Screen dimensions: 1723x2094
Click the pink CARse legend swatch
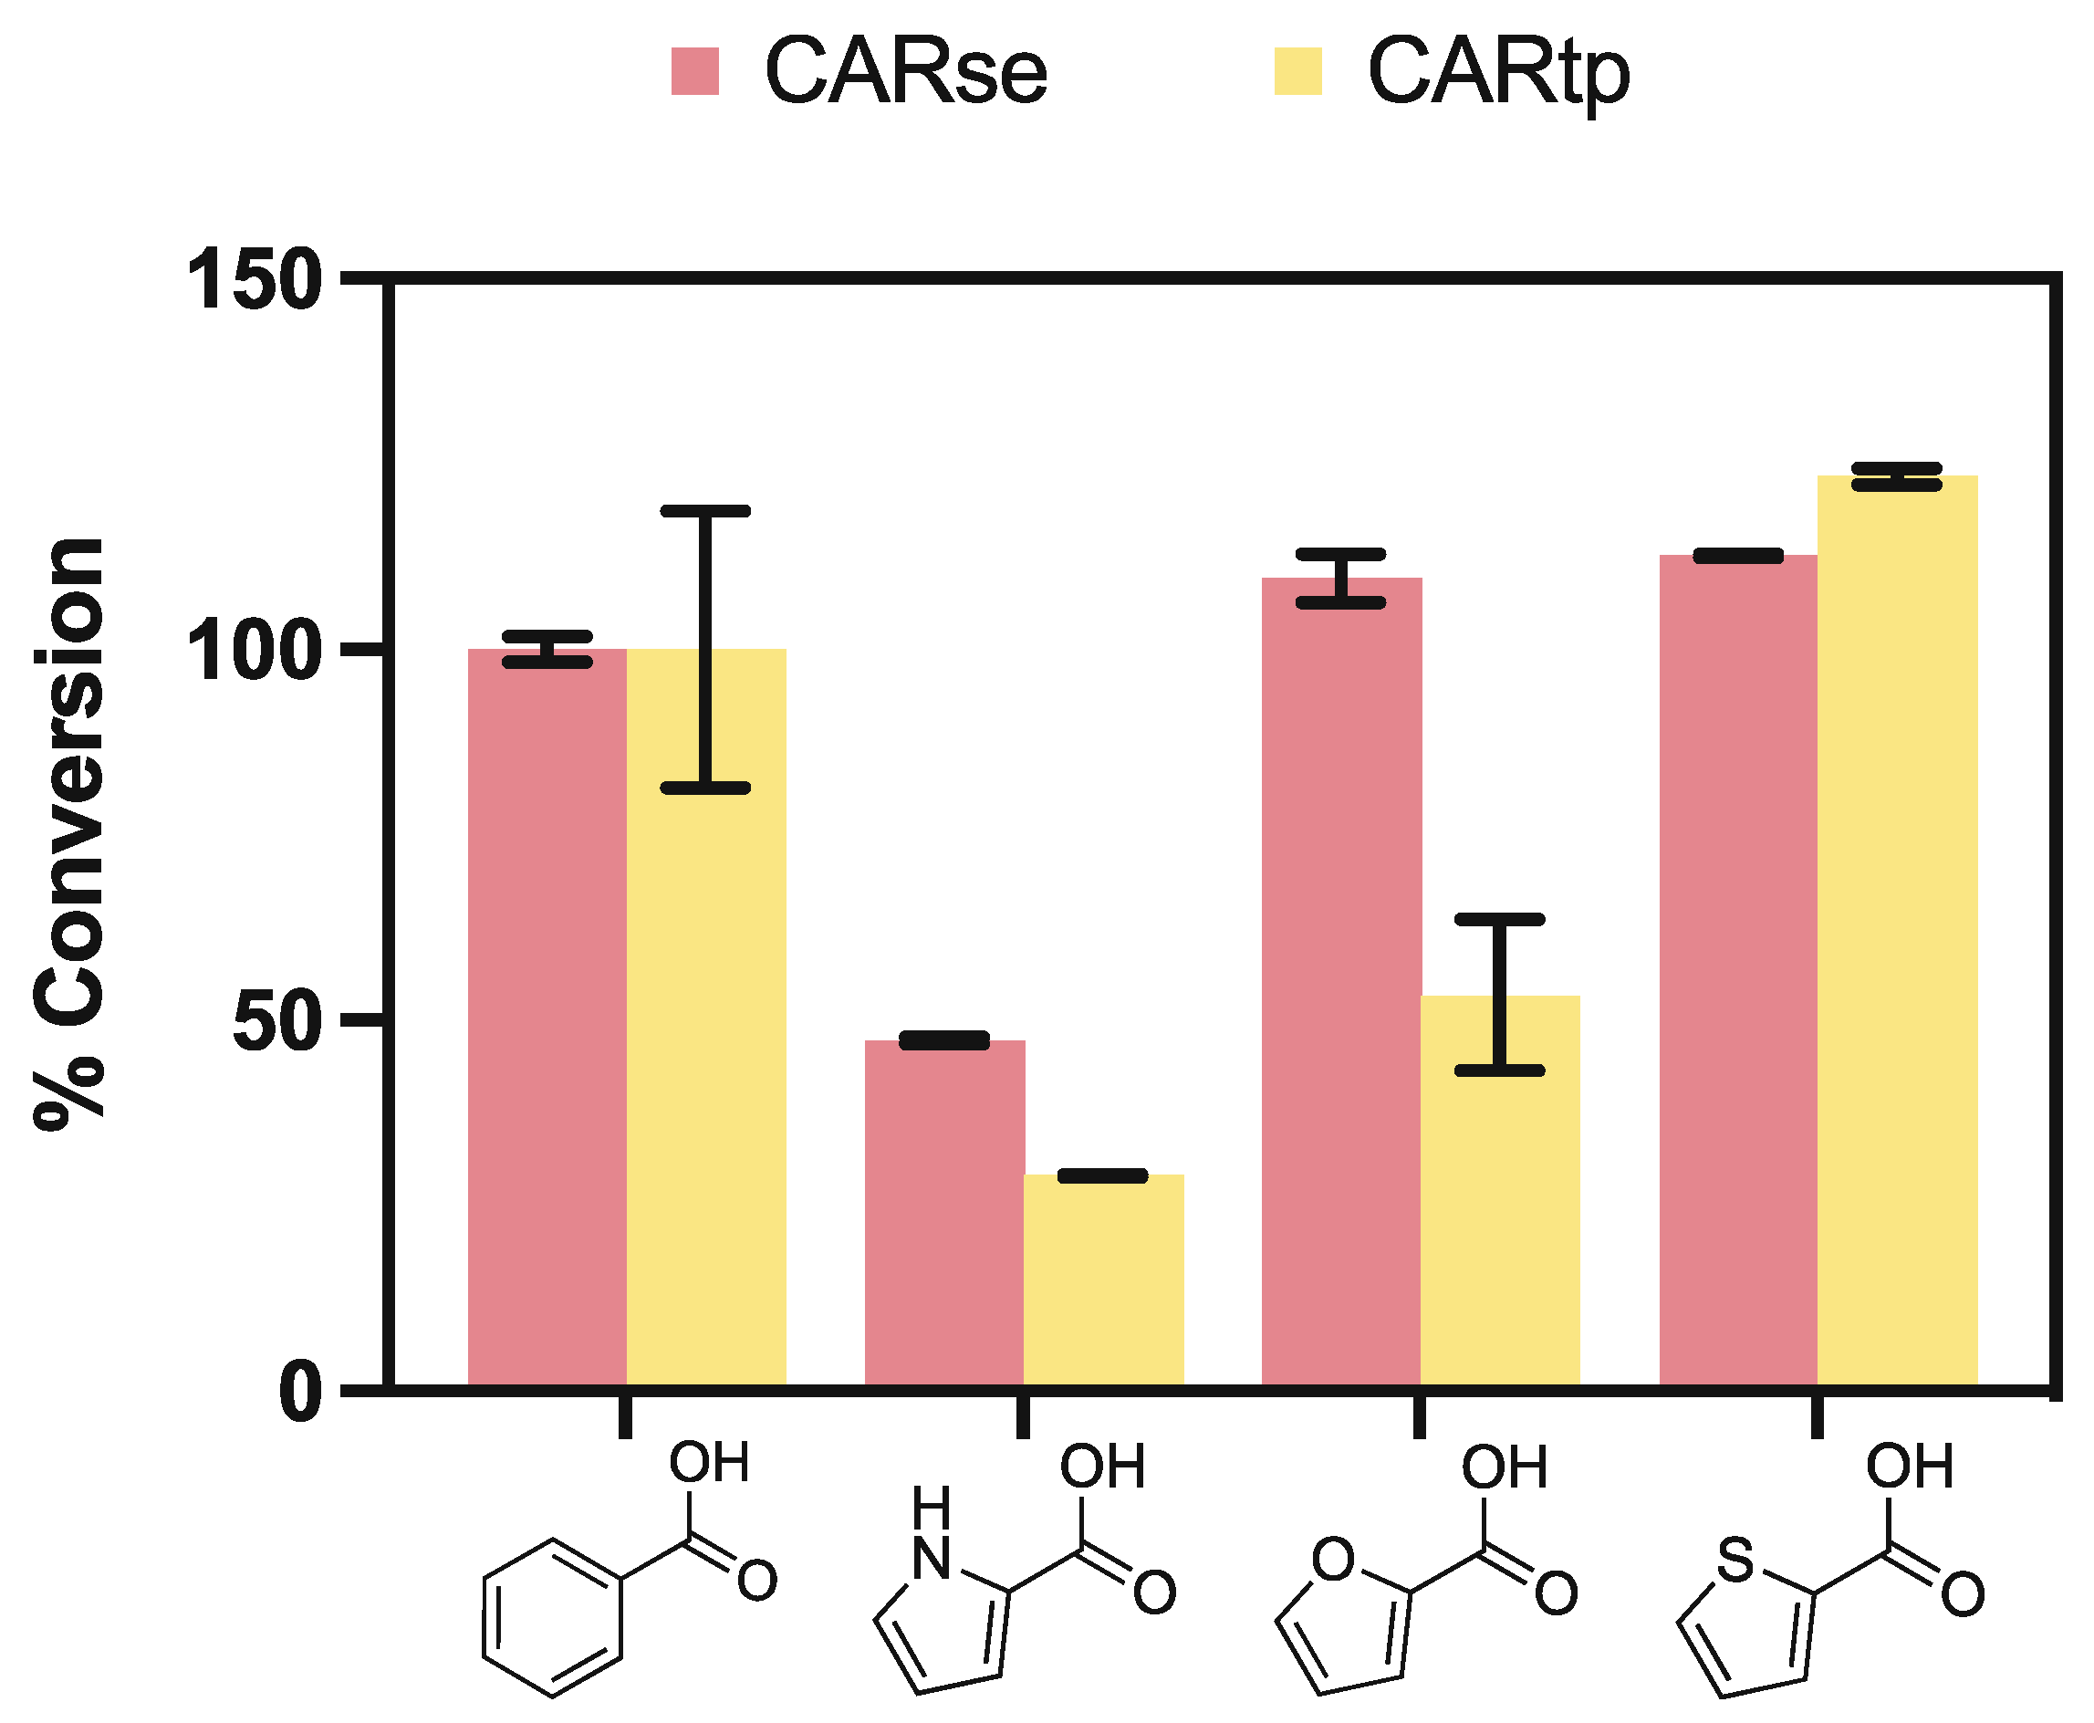(x=694, y=71)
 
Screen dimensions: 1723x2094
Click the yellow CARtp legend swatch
(x=1297, y=71)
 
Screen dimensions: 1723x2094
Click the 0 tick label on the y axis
(x=301, y=1394)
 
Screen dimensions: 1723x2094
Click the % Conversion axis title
(x=69, y=834)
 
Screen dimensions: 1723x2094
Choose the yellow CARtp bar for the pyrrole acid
(x=1102, y=1280)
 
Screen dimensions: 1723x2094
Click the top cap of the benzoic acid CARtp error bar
(x=705, y=511)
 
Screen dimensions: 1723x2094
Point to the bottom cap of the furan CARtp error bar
(x=1499, y=1070)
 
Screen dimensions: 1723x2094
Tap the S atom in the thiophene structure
(x=1735, y=1560)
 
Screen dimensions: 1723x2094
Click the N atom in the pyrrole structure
(x=931, y=1558)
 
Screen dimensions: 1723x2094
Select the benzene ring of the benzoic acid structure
(x=553, y=1619)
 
